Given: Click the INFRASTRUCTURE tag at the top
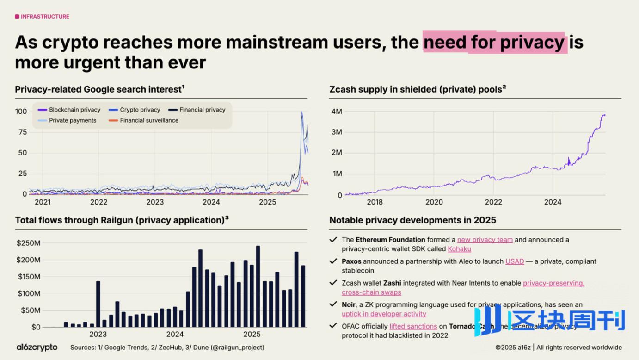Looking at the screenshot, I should pos(42,17).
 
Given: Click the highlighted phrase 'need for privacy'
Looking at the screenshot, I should pos(494,43).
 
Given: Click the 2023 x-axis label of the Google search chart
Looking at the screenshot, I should pos(155,202).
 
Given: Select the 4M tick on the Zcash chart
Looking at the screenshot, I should pos(336,111).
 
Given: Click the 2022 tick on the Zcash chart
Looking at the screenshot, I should pos(493,202).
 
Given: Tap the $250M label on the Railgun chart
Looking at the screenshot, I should pos(28,243).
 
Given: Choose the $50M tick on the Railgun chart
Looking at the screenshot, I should pos(31,310).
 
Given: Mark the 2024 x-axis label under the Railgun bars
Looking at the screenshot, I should pos(175,334).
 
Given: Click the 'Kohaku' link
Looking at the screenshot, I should pos(459,249).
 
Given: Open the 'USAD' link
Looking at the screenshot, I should pos(515,261).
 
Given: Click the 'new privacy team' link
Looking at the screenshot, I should pos(485,240).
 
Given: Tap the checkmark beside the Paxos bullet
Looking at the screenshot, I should pos(333,261).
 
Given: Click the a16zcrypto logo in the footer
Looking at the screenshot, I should pos(37,347).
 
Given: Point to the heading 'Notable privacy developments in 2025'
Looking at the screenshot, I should pos(412,220).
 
